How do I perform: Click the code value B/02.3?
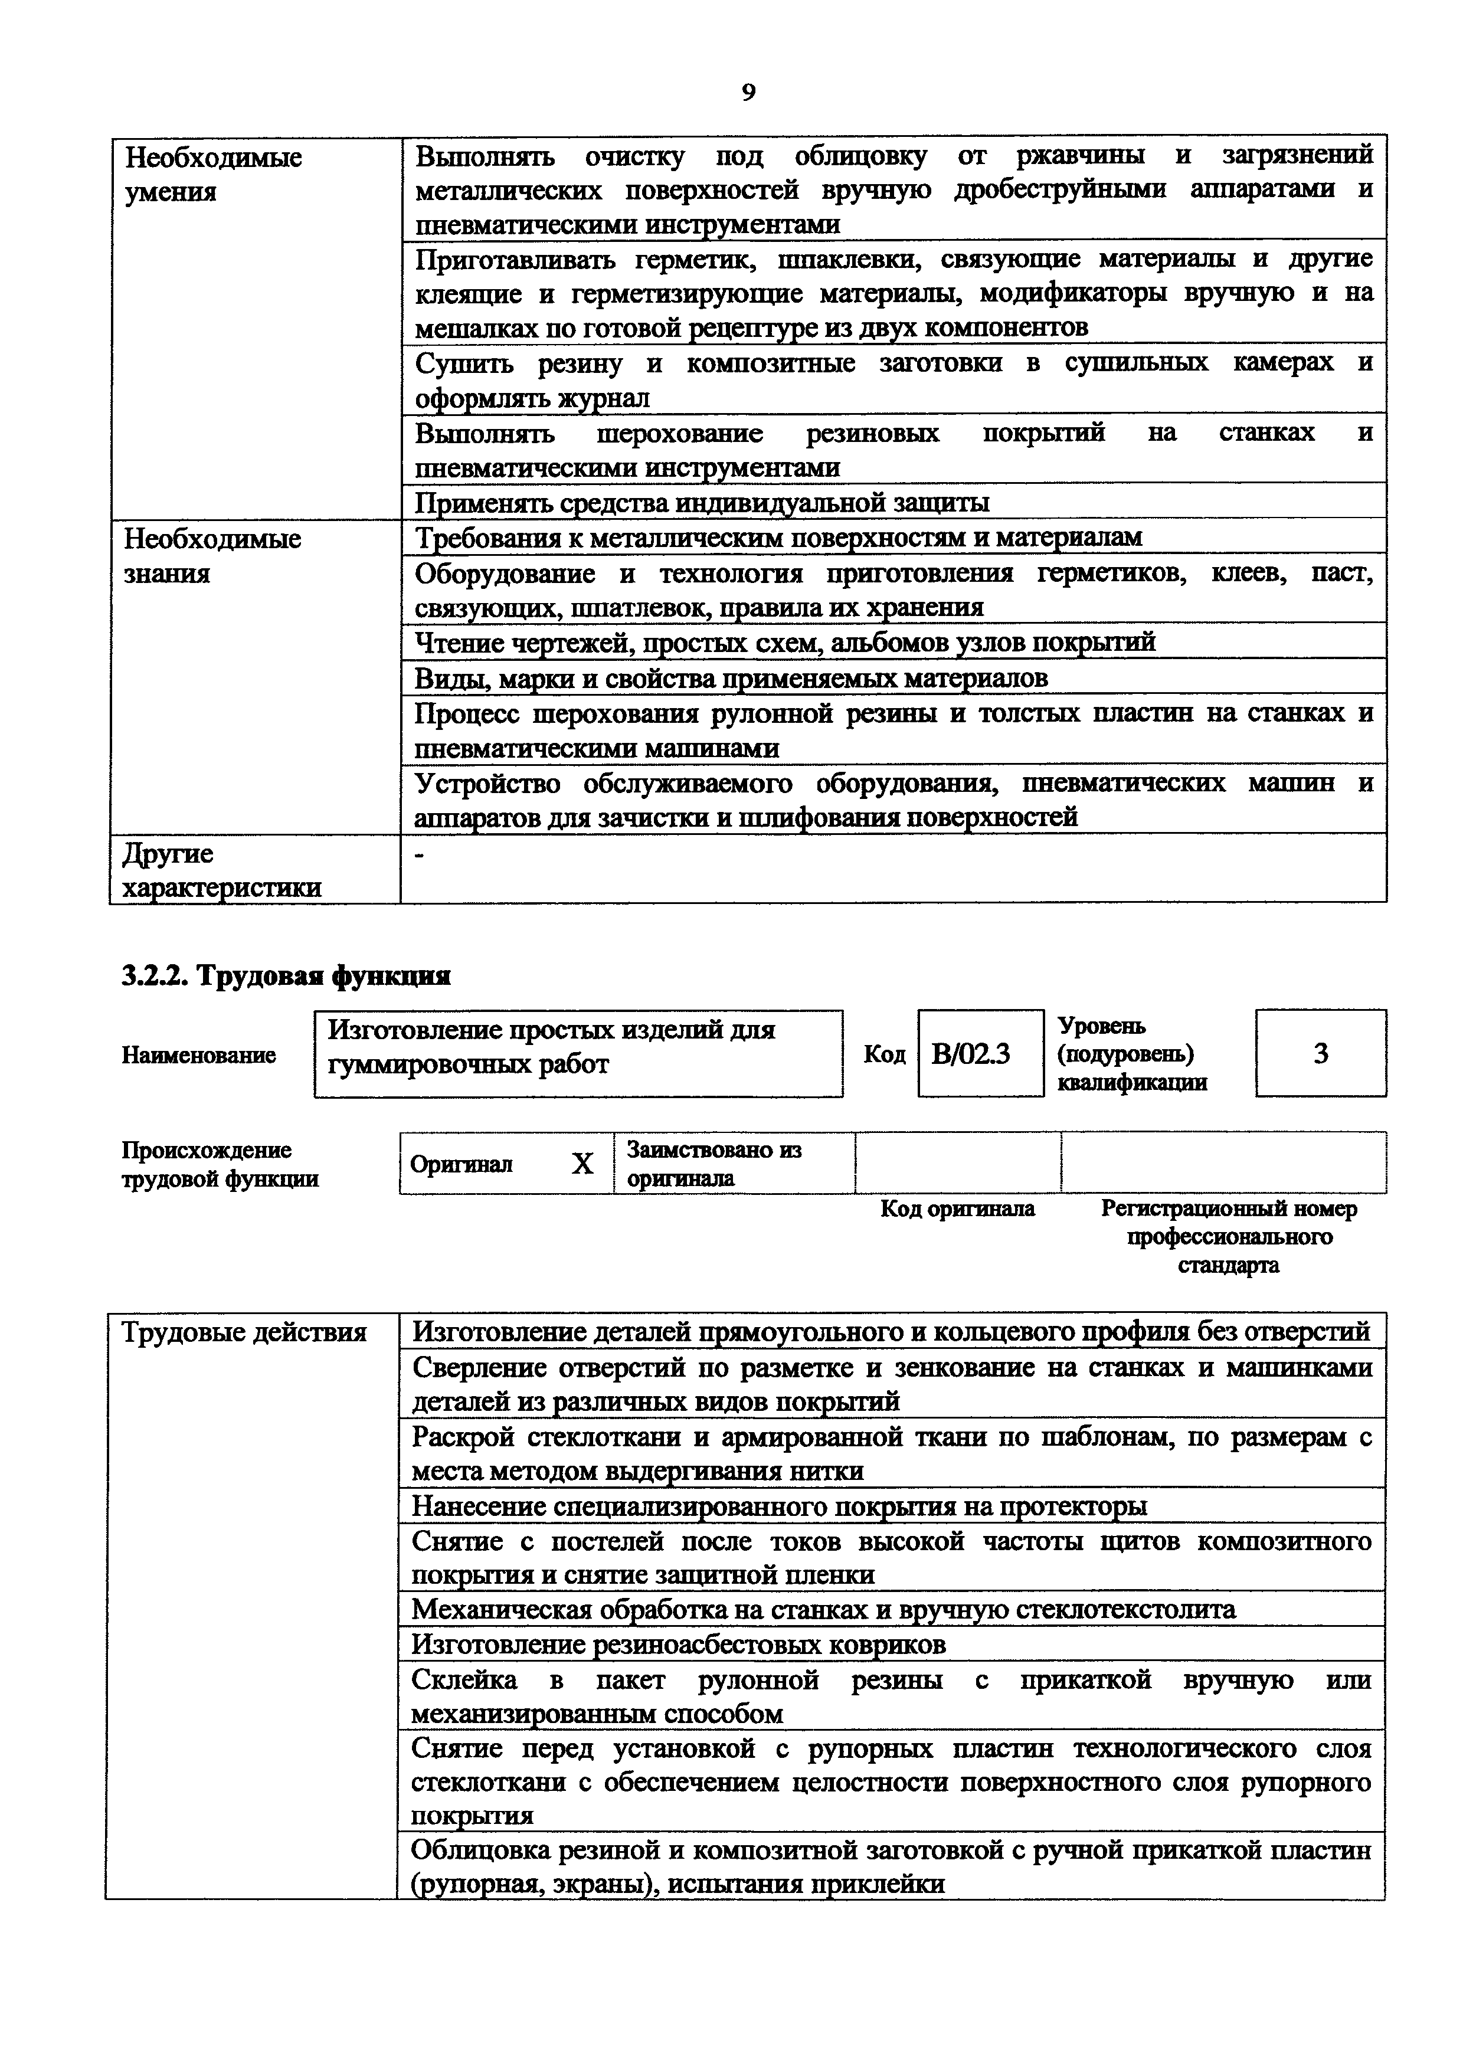(970, 1053)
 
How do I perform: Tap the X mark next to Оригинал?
(582, 1164)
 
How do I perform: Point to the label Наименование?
(198, 1055)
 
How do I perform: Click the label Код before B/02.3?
(883, 1054)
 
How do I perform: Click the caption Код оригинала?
(957, 1208)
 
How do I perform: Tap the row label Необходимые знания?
(212, 556)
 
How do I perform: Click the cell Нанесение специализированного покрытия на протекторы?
(779, 1506)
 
